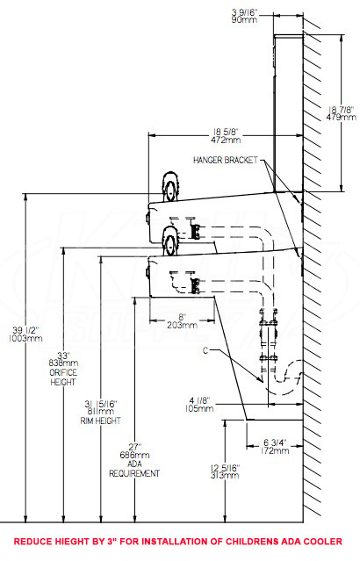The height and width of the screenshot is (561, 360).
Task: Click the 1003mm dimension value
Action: point(25,338)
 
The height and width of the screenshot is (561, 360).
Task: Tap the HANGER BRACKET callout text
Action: point(226,160)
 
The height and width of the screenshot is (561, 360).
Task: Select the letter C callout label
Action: point(205,350)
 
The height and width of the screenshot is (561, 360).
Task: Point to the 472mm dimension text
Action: point(226,140)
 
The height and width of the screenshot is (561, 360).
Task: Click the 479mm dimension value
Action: point(341,117)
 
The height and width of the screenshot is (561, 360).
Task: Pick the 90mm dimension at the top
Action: point(244,19)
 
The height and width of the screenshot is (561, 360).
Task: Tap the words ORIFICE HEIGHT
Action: point(63,378)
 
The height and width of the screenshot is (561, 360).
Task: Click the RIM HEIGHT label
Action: point(101,421)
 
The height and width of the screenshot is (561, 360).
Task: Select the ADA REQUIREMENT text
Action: point(134,469)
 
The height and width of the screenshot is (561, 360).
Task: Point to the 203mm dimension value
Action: point(182,325)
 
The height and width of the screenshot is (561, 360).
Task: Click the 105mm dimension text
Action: point(199,408)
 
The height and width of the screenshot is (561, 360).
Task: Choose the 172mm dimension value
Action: point(275,450)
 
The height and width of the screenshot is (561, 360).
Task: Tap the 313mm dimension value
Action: point(225,475)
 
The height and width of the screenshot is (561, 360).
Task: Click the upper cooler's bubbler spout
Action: point(170,187)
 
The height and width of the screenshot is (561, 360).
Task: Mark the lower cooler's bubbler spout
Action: point(169,241)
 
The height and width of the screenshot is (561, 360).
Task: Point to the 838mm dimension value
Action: point(63,363)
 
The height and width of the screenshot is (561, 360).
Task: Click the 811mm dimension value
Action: point(101,412)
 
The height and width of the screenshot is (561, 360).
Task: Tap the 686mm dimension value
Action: point(134,455)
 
